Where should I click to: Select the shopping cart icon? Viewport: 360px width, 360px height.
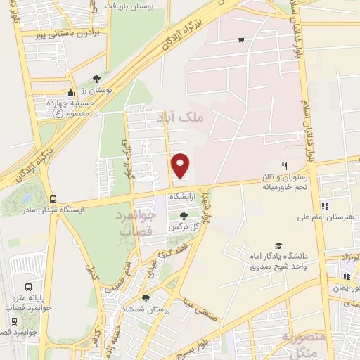pos(242,40)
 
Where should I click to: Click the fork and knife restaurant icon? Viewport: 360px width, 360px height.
pos(284,166)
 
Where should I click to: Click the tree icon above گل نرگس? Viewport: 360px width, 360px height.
pos(184,216)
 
